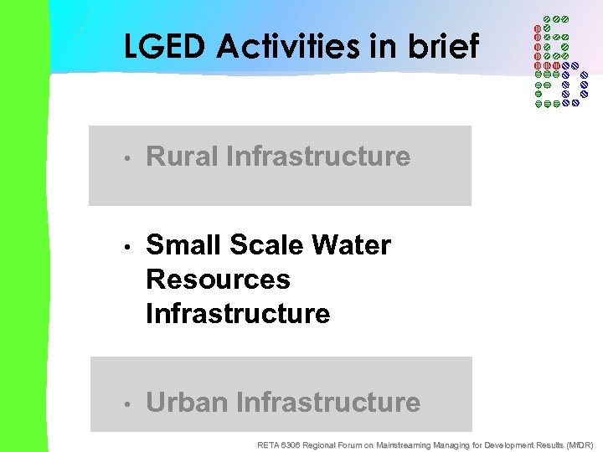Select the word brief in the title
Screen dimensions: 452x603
444,46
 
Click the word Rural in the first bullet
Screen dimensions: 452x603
182,157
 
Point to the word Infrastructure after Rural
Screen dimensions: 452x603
318,157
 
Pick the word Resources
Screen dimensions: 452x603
218,280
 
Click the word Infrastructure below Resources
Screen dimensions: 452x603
238,314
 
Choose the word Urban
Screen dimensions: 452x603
187,403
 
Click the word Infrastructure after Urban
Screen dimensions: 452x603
328,403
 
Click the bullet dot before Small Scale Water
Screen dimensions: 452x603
124,247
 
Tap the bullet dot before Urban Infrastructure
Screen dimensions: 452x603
124,404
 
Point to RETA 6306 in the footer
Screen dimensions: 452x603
277,444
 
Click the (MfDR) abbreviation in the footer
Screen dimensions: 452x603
580,444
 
